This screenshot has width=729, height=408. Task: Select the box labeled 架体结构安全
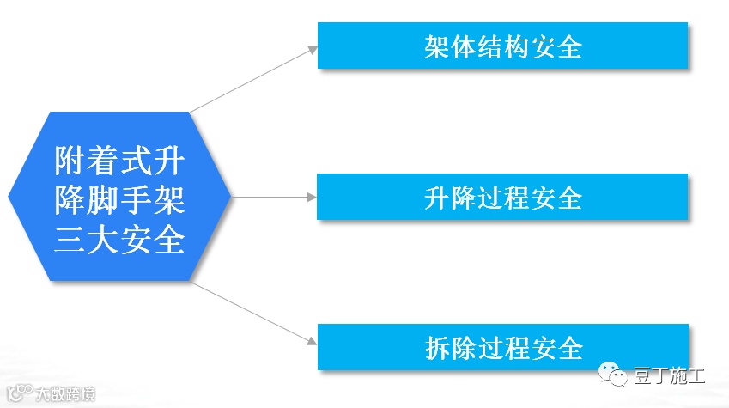click(x=502, y=46)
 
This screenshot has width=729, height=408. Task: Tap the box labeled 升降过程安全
click(x=502, y=197)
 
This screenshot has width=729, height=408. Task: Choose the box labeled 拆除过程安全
click(x=502, y=347)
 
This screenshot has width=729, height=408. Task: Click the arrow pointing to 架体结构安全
click(x=254, y=79)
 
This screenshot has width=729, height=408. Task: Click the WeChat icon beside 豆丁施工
click(x=613, y=375)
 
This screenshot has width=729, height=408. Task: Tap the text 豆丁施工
click(x=669, y=376)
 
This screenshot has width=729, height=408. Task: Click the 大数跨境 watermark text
click(x=65, y=396)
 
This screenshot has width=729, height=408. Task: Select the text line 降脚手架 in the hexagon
click(x=119, y=199)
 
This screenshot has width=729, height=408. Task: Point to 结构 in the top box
click(x=502, y=46)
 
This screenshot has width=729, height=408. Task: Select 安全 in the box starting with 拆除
click(x=562, y=348)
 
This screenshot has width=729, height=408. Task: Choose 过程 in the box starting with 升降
click(x=502, y=198)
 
